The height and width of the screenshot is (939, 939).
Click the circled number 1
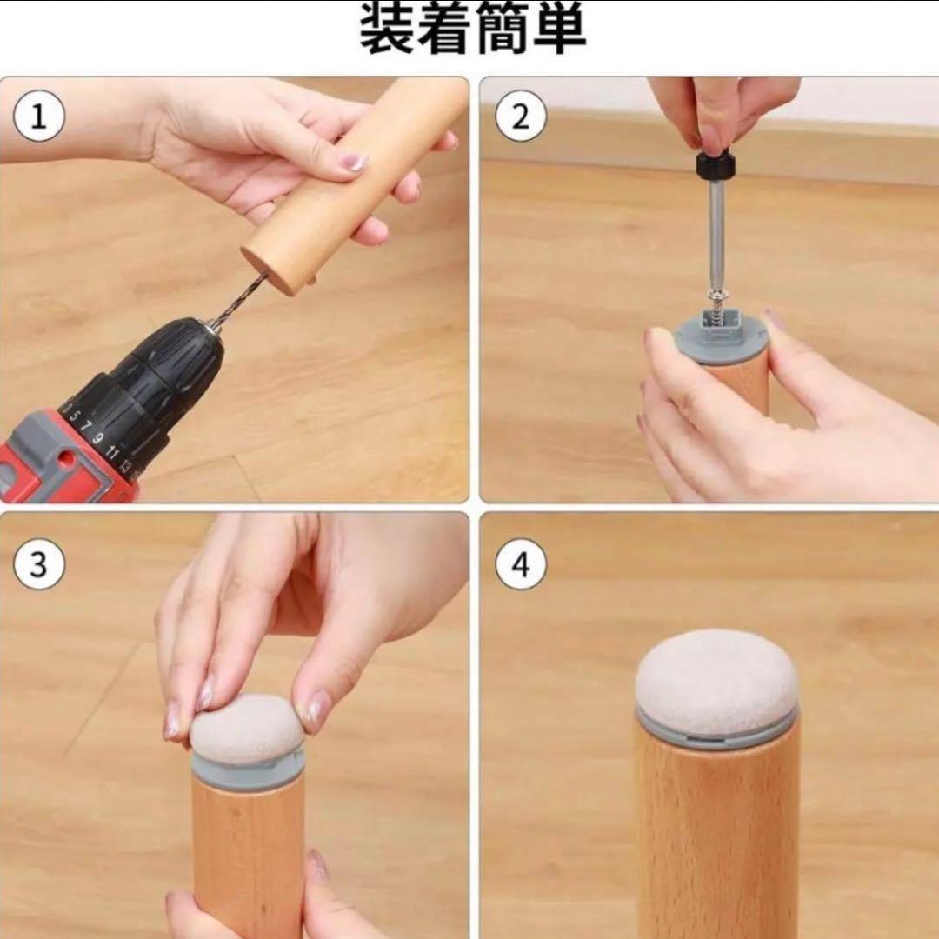[x=38, y=116]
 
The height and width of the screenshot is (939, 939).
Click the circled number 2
[x=521, y=116]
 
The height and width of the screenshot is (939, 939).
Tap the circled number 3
[x=38, y=564]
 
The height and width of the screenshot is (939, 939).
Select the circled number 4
[x=521, y=564]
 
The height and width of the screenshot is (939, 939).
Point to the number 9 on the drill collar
[x=98, y=438]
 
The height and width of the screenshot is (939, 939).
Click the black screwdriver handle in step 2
[x=715, y=164]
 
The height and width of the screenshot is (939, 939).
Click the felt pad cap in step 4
[x=716, y=674]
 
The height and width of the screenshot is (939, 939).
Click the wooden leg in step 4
[x=716, y=838]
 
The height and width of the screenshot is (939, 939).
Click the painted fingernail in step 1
[x=353, y=163]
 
